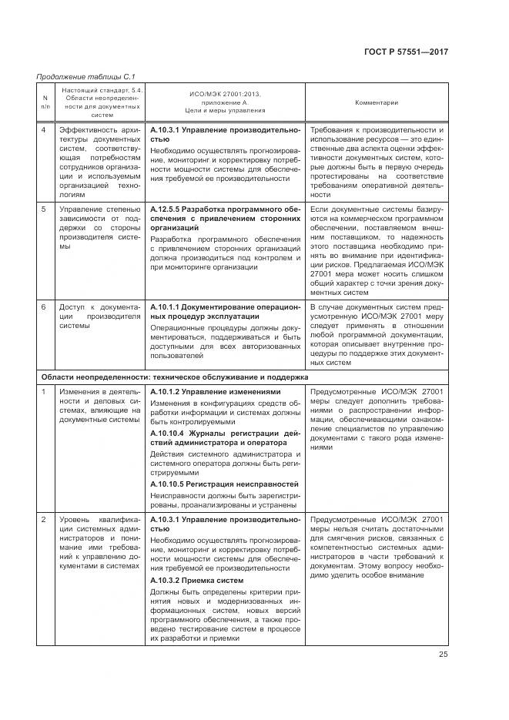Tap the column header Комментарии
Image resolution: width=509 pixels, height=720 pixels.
[x=376, y=102]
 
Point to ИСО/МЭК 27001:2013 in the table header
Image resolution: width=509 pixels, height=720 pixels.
[x=225, y=94]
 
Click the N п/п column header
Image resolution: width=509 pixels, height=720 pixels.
[x=45, y=102]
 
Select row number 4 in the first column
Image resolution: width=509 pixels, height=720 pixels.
[x=44, y=130]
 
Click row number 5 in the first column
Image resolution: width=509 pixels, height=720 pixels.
[x=44, y=209]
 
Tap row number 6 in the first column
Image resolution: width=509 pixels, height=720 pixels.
[x=44, y=307]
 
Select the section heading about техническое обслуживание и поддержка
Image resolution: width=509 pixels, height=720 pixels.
[x=174, y=377]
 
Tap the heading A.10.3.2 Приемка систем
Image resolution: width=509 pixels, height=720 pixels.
[x=196, y=580]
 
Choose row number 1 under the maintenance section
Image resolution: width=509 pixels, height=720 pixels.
[x=44, y=392]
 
